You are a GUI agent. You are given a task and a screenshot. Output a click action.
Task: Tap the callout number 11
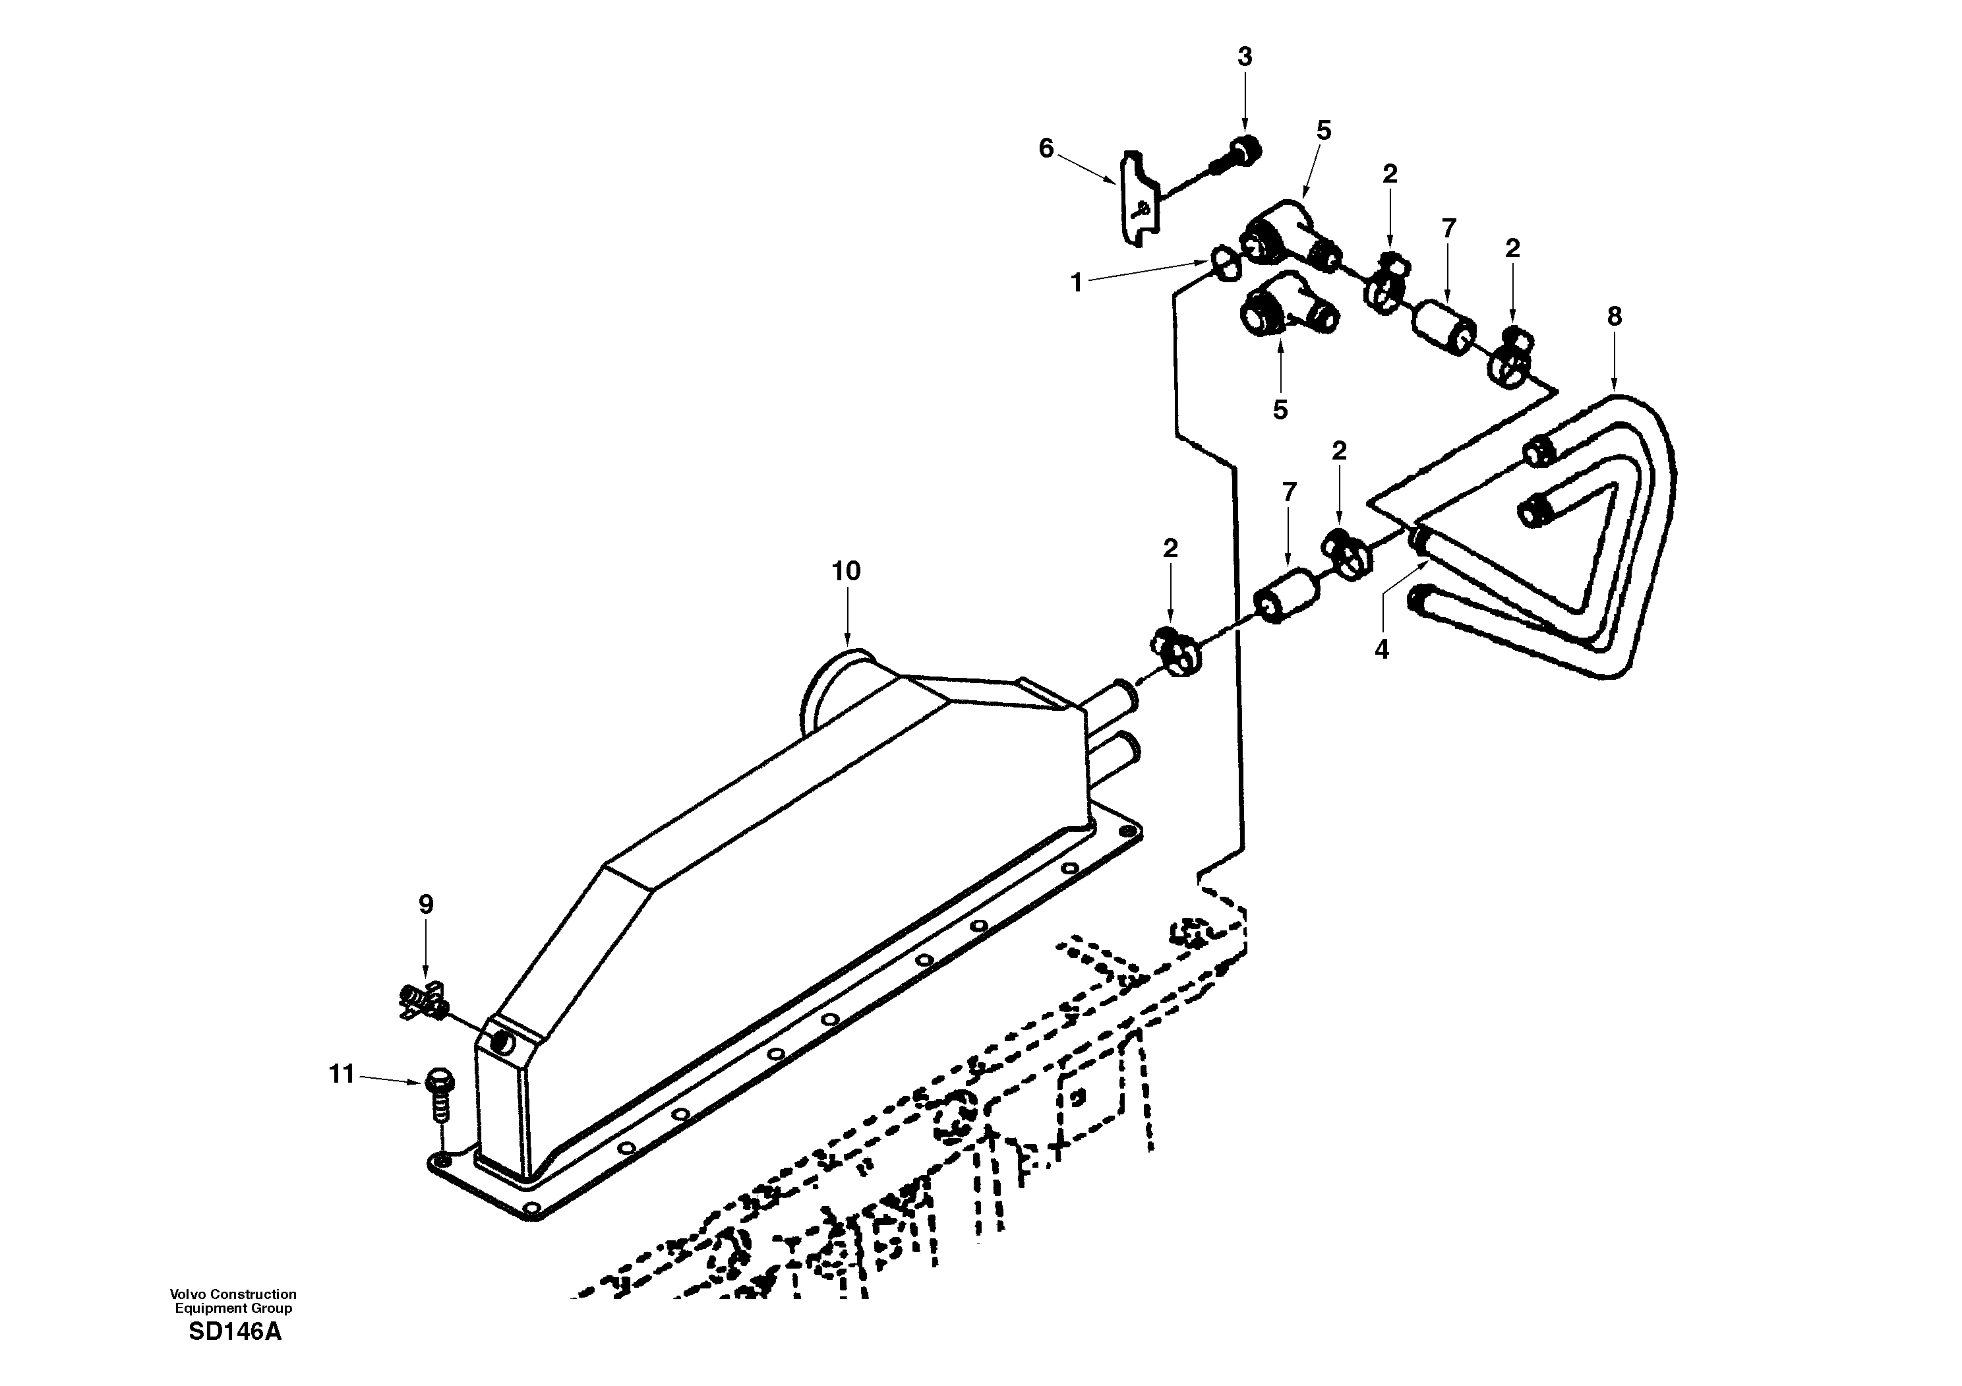342,1074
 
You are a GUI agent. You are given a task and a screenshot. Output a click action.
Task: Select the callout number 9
425,904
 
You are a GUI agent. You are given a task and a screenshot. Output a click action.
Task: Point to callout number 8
1613,317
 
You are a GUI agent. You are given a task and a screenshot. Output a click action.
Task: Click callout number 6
1046,148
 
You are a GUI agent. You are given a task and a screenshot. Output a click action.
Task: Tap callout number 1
1077,283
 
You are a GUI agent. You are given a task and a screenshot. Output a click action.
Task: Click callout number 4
1382,649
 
